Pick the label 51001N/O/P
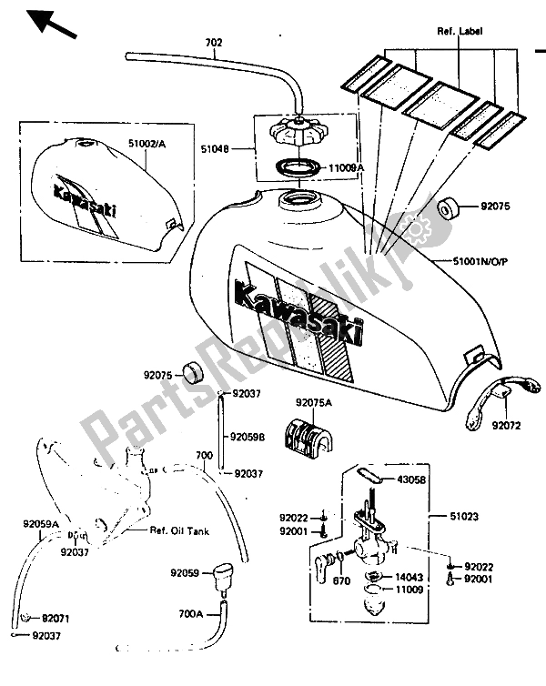pyautogui.click(x=484, y=261)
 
